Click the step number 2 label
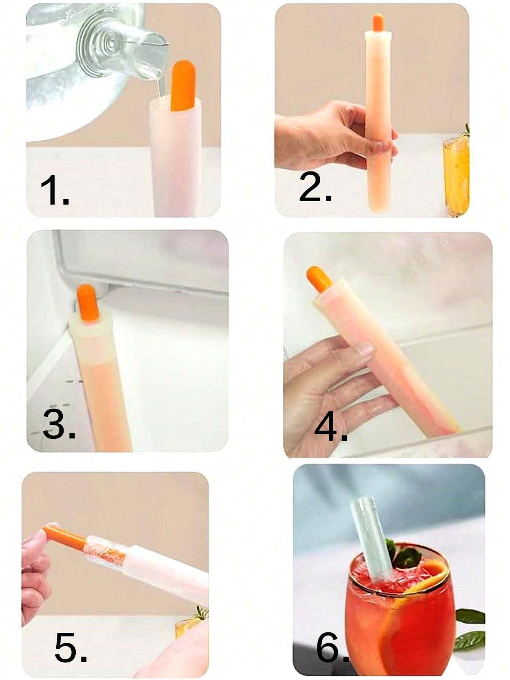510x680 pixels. pyautogui.click(x=315, y=187)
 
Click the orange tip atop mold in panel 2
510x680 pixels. pyautogui.click(x=378, y=23)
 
